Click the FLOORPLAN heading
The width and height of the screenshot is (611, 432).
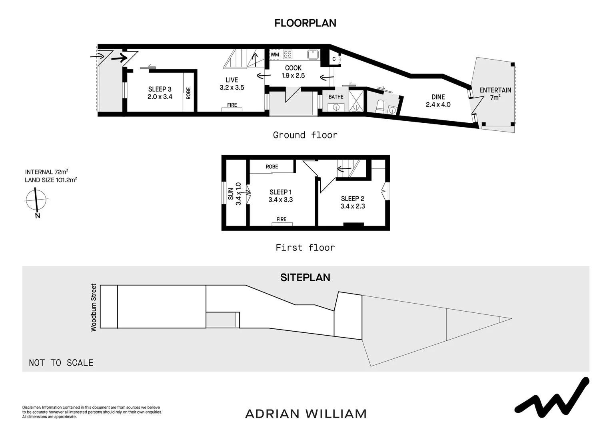coord(305,23)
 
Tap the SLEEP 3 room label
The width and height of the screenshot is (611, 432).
coord(160,89)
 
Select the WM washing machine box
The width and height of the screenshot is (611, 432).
coord(275,54)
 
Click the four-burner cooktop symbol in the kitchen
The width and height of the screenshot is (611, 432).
coord(288,54)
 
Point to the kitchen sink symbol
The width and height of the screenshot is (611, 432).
coord(312,54)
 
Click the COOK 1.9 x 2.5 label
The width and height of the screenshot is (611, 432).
coord(293,72)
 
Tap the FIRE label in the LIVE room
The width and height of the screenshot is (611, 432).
coord(232,105)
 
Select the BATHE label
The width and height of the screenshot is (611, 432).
coord(336,97)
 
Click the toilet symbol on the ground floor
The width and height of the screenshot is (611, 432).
coord(380,106)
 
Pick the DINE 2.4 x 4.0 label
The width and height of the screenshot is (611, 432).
coord(438,101)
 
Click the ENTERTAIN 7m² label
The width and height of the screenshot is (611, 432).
coord(495,94)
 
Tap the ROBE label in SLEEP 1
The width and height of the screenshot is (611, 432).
coord(272,167)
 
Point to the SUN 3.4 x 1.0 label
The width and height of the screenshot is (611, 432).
coord(234,194)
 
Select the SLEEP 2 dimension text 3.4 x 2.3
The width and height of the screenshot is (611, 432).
coord(352,206)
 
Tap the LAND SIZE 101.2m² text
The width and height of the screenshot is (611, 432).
coord(51,180)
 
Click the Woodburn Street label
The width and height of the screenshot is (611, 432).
coord(94,307)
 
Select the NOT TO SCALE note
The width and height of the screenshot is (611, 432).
coord(61,363)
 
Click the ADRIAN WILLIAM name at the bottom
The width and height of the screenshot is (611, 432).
coord(305,414)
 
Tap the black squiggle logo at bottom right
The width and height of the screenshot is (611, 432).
coord(551,398)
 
